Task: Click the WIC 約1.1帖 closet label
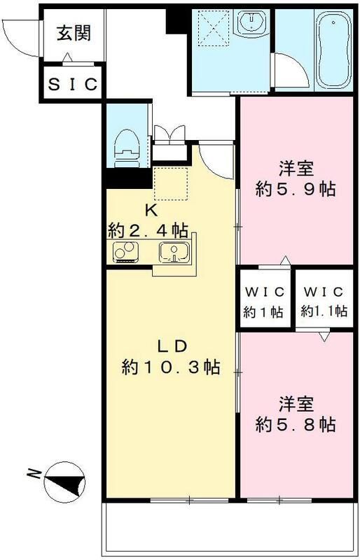324,302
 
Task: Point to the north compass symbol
66,484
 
